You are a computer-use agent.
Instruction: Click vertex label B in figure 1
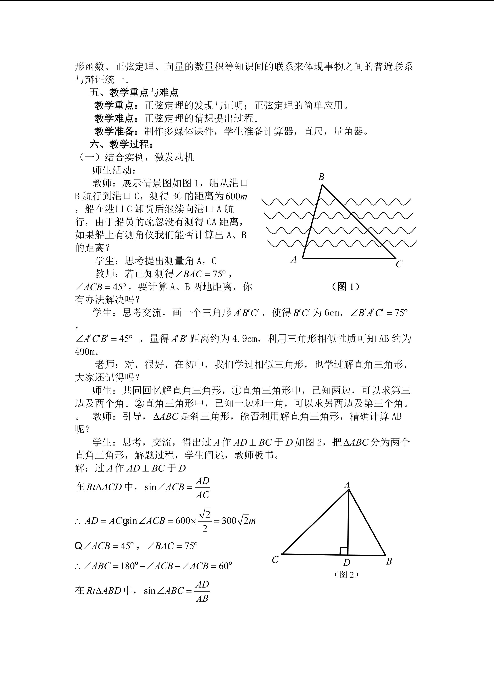click(321, 177)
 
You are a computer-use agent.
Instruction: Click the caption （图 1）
click(345, 286)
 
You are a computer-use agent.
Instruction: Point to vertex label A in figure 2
click(347, 484)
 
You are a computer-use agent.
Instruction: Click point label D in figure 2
click(347, 562)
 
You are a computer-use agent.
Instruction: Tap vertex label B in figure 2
click(389, 561)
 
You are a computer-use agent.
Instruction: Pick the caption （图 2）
click(346, 574)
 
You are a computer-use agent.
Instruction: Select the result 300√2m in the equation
click(238, 521)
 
